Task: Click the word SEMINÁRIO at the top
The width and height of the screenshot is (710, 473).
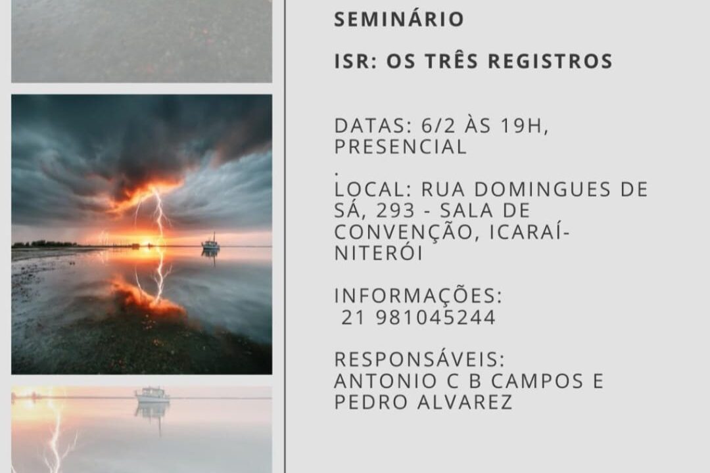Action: pyautogui.click(x=399, y=19)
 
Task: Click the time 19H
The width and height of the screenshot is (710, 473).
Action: pyautogui.click(x=524, y=126)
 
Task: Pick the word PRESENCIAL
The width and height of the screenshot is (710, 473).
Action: pyautogui.click(x=400, y=147)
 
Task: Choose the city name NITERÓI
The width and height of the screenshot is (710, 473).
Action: pyautogui.click(x=378, y=252)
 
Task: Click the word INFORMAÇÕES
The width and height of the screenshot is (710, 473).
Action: pyautogui.click(x=418, y=296)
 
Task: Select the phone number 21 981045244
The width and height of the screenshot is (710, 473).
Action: pyautogui.click(x=418, y=317)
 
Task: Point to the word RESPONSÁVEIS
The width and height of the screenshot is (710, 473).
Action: pyautogui.click(x=419, y=359)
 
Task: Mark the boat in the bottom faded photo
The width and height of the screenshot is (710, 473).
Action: pyautogui.click(x=152, y=395)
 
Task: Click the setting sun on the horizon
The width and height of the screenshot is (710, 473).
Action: pyautogui.click(x=147, y=243)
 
